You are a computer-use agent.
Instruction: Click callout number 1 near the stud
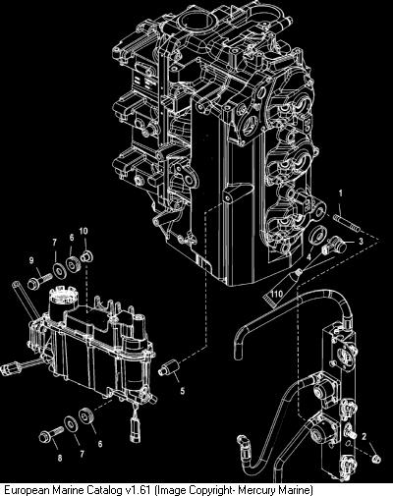click(x=340, y=193)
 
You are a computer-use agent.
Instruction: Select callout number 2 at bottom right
click(x=364, y=436)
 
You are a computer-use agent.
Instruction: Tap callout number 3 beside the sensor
click(x=361, y=242)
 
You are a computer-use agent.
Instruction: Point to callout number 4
click(x=309, y=257)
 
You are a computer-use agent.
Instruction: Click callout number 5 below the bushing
click(x=183, y=390)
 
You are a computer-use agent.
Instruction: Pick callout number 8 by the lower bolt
click(x=60, y=458)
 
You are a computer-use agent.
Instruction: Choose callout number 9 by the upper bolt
click(x=31, y=260)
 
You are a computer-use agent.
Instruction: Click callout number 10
click(x=84, y=231)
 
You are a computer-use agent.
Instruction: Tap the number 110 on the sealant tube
click(x=276, y=294)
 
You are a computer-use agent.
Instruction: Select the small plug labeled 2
click(x=376, y=459)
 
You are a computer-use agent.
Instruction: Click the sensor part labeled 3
click(x=334, y=247)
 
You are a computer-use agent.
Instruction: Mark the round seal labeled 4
click(x=317, y=235)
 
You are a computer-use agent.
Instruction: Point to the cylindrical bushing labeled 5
click(x=168, y=367)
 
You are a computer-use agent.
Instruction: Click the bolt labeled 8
click(x=51, y=433)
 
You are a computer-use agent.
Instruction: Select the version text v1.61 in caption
click(x=139, y=490)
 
